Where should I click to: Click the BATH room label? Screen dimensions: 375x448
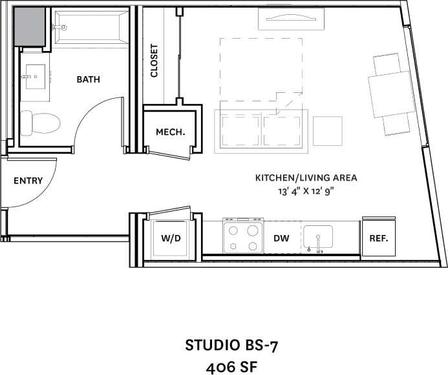click(88, 79)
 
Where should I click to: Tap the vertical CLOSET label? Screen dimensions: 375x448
click(154, 61)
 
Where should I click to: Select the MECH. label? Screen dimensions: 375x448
click(170, 132)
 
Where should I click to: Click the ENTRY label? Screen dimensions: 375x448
click(28, 181)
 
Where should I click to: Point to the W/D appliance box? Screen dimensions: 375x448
click(171, 238)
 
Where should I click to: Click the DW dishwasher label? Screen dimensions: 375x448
click(281, 238)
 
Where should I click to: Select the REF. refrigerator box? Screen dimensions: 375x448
click(378, 238)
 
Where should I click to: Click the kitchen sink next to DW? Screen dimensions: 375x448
click(317, 238)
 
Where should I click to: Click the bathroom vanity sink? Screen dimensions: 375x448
click(34, 77)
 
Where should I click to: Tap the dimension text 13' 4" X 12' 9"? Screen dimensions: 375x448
click(306, 191)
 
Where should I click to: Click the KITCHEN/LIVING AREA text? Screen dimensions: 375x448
click(306, 177)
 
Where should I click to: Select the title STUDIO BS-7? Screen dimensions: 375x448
click(232, 345)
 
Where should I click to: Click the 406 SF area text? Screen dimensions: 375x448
click(232, 367)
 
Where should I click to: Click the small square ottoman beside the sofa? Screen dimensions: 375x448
click(328, 131)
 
